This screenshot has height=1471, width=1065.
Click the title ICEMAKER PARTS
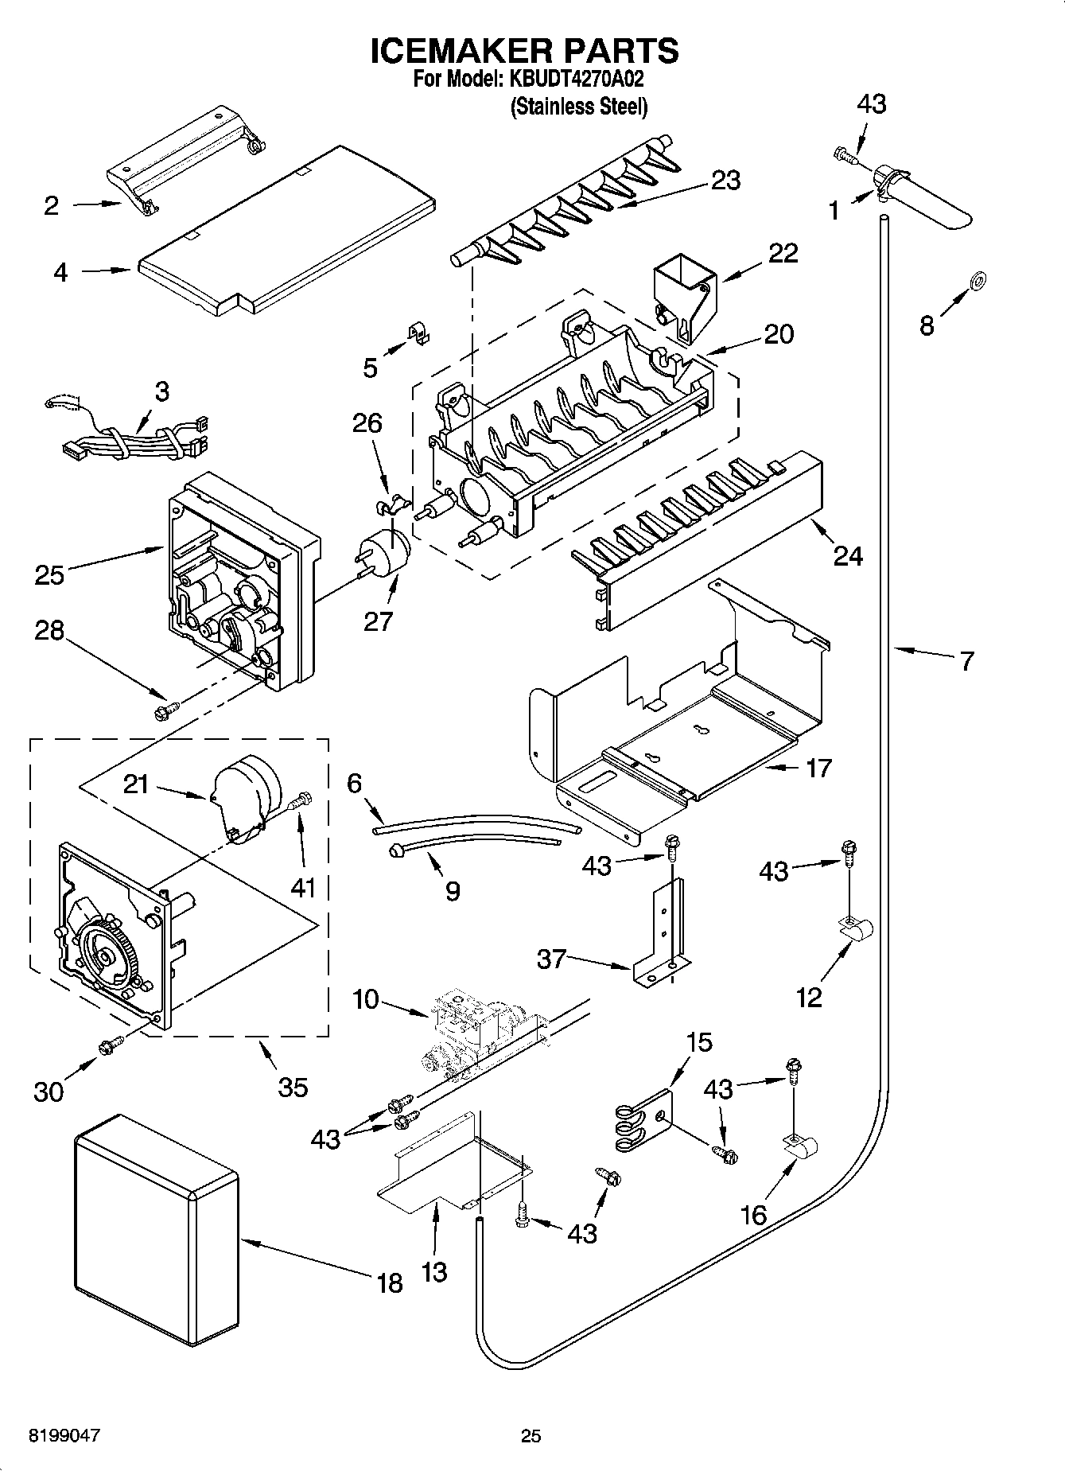coord(525,50)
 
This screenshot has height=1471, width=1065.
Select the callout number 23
coord(725,181)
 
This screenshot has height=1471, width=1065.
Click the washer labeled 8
coord(978,278)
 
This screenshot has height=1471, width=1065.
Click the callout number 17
coord(818,768)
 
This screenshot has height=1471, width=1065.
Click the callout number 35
coord(293,1087)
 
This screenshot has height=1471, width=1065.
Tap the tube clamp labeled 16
coord(801,1147)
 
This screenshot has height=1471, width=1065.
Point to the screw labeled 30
coord(110,1047)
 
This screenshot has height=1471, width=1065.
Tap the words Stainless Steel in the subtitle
coord(578,106)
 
